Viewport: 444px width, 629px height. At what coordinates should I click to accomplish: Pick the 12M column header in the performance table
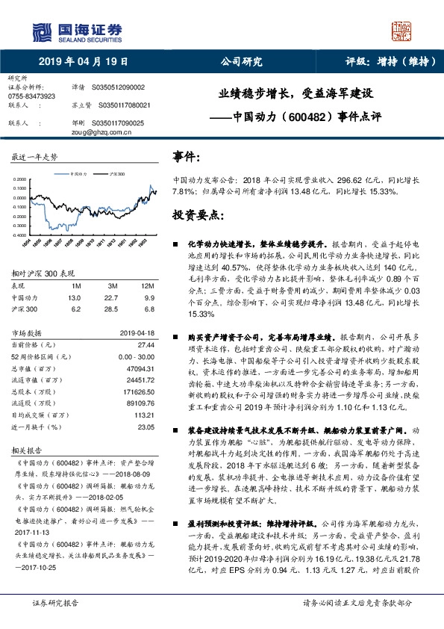[x=147, y=286]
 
